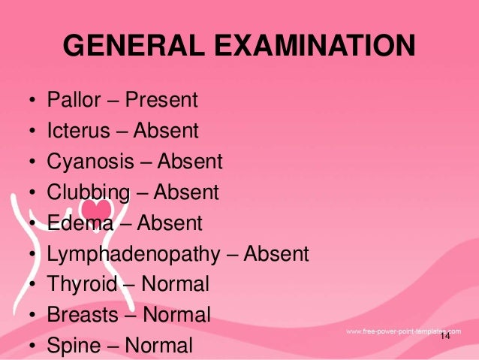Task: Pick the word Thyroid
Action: tap(82, 285)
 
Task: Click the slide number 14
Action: tap(445, 336)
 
